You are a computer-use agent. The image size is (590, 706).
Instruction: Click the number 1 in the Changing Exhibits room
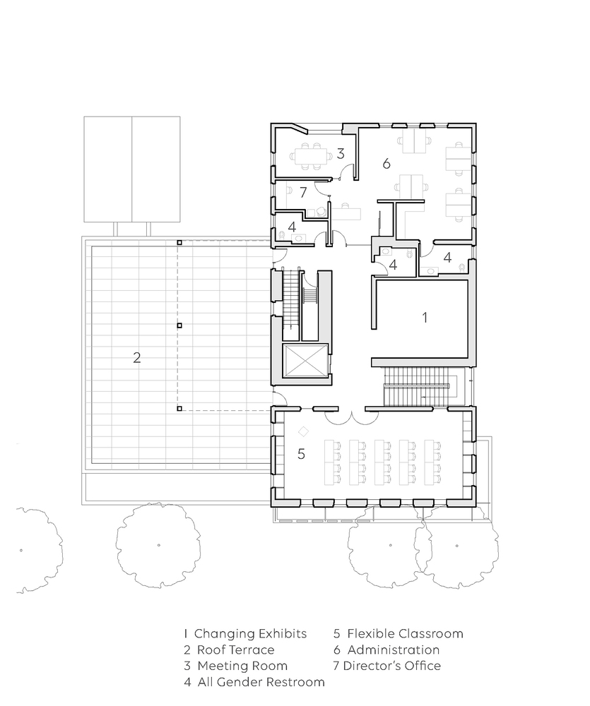425,318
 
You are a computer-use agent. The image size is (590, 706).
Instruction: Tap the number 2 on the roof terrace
137,357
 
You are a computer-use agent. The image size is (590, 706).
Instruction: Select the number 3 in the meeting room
341,153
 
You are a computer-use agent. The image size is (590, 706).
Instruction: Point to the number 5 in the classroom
301,454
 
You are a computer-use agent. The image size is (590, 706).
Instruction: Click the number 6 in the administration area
387,164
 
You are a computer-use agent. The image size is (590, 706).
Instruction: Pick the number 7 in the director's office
303,192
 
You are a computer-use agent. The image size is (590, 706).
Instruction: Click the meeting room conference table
311,156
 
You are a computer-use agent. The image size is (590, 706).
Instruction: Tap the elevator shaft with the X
305,360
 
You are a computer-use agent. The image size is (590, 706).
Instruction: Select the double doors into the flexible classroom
352,417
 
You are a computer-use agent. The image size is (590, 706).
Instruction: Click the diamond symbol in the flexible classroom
303,431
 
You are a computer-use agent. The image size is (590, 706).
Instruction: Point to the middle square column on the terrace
179,325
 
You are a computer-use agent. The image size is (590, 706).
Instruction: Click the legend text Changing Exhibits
251,633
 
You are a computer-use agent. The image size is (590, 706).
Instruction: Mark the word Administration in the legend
394,650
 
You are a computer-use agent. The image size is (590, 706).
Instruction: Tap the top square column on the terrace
179,242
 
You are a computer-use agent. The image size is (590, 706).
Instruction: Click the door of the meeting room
346,172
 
